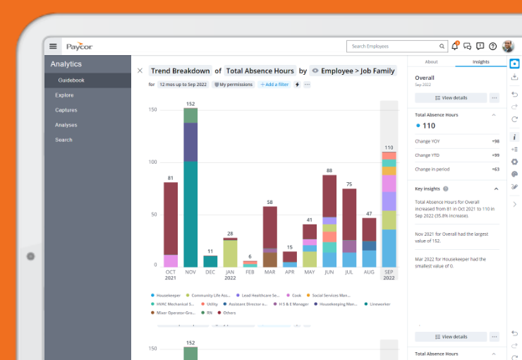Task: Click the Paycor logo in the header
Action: click(x=79, y=47)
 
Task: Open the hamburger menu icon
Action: click(x=53, y=47)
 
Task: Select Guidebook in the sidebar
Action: click(x=71, y=80)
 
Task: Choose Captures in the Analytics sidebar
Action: click(x=66, y=110)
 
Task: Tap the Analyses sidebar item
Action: click(x=66, y=125)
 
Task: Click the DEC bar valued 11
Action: click(x=210, y=260)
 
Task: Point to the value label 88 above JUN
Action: click(x=329, y=171)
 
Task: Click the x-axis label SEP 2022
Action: click(x=389, y=275)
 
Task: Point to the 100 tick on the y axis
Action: click(x=152, y=162)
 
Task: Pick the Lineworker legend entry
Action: click(x=380, y=304)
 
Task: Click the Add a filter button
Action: click(x=274, y=85)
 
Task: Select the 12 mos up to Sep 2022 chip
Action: click(x=182, y=85)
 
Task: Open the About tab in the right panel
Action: click(x=431, y=62)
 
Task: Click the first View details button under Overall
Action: click(x=451, y=98)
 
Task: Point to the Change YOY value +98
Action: click(x=495, y=141)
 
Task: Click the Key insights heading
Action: click(x=428, y=189)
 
